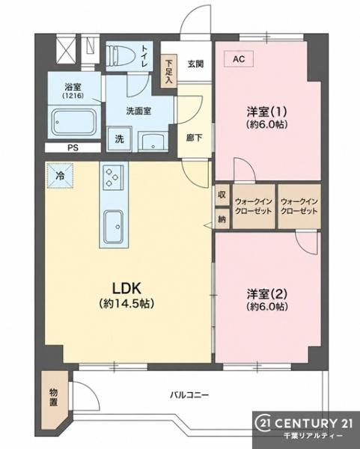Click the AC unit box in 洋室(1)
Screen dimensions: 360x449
point(239,58)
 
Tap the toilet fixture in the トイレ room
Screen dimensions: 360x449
point(120,56)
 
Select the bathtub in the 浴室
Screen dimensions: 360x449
point(74,122)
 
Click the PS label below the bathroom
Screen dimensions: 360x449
point(73,147)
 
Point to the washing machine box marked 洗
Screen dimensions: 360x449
point(120,139)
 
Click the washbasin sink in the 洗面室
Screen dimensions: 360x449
point(153,141)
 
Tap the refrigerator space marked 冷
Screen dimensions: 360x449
point(60,175)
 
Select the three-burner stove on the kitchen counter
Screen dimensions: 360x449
point(112,177)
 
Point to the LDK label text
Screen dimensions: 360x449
point(126,288)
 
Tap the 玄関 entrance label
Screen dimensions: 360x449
point(195,64)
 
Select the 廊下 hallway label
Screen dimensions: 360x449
point(194,138)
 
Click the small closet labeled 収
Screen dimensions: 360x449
point(222,195)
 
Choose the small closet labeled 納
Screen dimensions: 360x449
point(222,219)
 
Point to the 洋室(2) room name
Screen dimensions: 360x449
point(267,293)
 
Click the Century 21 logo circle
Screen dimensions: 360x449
point(263,424)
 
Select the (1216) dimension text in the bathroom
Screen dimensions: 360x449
point(73,96)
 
